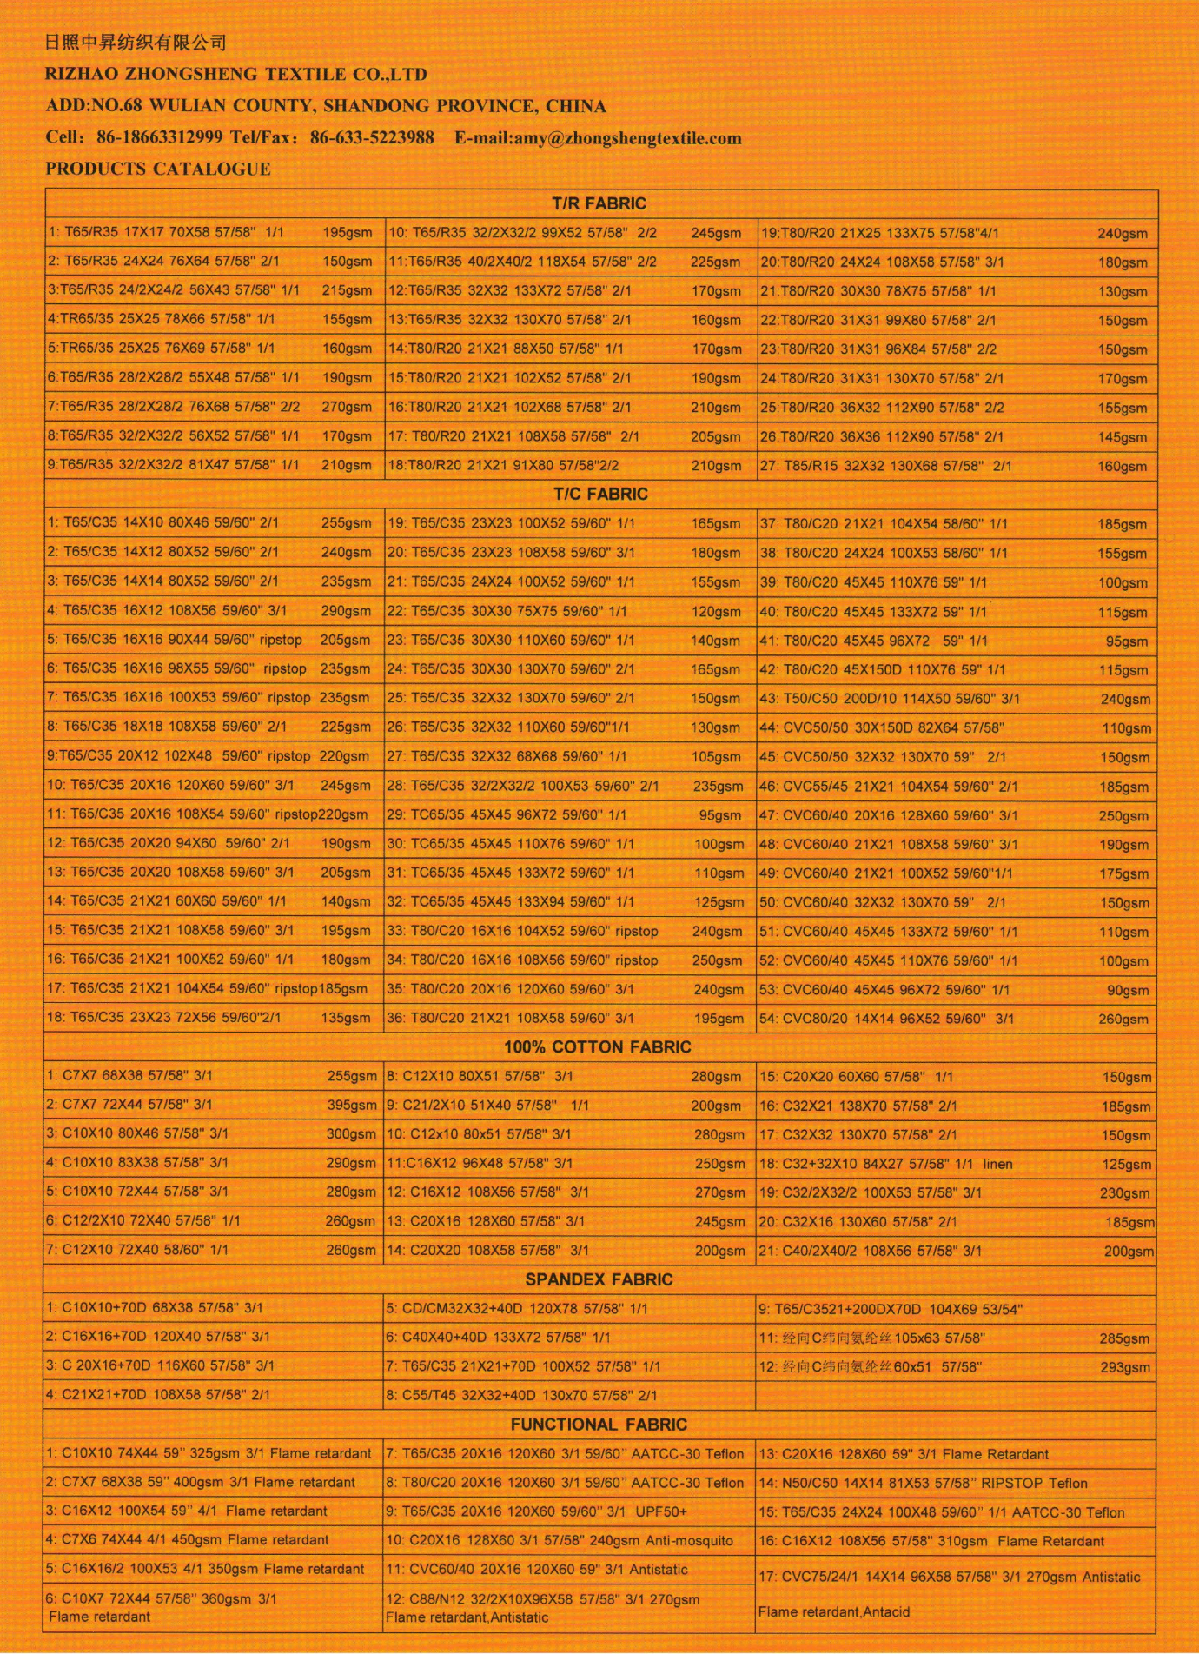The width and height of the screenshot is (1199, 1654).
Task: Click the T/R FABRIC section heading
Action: click(599, 203)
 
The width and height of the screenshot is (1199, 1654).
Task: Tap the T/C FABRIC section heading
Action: click(600, 494)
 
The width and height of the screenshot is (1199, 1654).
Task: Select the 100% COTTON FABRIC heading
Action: click(598, 1046)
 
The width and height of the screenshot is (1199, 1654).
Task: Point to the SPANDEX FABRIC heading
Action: click(599, 1279)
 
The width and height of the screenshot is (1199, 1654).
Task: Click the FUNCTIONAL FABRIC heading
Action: click(599, 1425)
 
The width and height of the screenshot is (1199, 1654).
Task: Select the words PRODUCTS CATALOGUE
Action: click(158, 169)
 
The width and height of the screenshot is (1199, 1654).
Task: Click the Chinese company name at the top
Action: click(136, 42)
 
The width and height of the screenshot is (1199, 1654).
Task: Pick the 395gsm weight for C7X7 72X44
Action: click(352, 1105)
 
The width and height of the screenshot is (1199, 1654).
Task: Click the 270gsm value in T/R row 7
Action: click(347, 407)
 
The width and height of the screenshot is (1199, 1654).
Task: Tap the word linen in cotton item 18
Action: click(997, 1164)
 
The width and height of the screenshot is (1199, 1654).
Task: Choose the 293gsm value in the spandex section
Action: click(1124, 1367)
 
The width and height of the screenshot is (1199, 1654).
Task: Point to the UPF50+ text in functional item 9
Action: click(660, 1511)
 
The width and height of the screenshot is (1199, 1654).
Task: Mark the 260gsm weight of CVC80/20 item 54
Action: click(1123, 1019)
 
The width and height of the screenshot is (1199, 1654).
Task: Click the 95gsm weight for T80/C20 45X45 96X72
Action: click(1126, 641)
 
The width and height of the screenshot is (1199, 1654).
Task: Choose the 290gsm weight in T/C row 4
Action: click(346, 611)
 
